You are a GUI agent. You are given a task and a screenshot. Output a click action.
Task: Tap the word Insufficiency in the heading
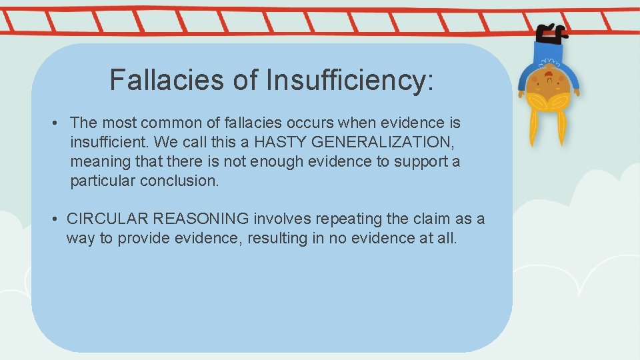click(x=349, y=80)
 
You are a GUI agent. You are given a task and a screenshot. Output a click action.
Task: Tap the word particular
click(x=103, y=181)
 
